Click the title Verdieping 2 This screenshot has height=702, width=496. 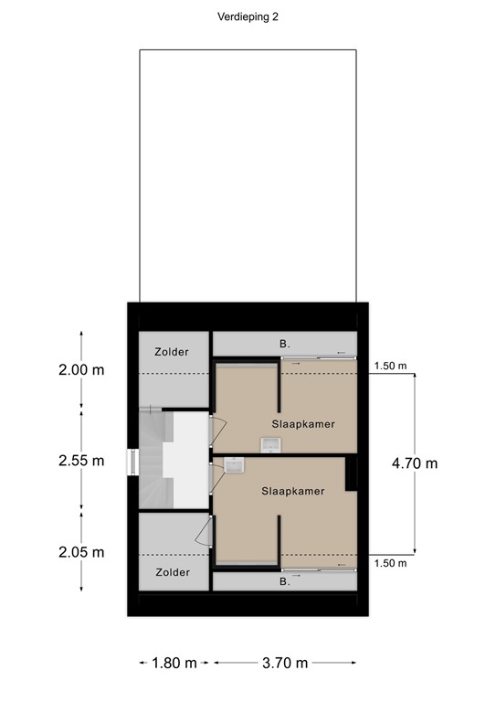pyautogui.click(x=248, y=16)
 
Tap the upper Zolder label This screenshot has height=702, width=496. pyautogui.click(x=173, y=351)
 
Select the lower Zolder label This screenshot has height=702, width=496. pyautogui.click(x=173, y=572)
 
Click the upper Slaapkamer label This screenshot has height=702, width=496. pyautogui.click(x=303, y=424)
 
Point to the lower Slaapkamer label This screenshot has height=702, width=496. pyautogui.click(x=292, y=491)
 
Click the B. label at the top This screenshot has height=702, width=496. pyautogui.click(x=285, y=345)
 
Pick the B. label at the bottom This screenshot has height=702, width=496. pyautogui.click(x=284, y=580)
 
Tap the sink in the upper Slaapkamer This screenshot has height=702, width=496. pyautogui.click(x=270, y=445)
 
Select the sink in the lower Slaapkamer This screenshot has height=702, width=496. pyautogui.click(x=234, y=465)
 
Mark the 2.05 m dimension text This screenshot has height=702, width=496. pyautogui.click(x=82, y=552)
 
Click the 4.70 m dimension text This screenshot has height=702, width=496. pyautogui.click(x=415, y=463)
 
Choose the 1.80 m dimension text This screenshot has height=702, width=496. pyautogui.click(x=174, y=663)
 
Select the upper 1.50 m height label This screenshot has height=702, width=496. pyautogui.click(x=390, y=367)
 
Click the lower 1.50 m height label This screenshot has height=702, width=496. pyautogui.click(x=390, y=563)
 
